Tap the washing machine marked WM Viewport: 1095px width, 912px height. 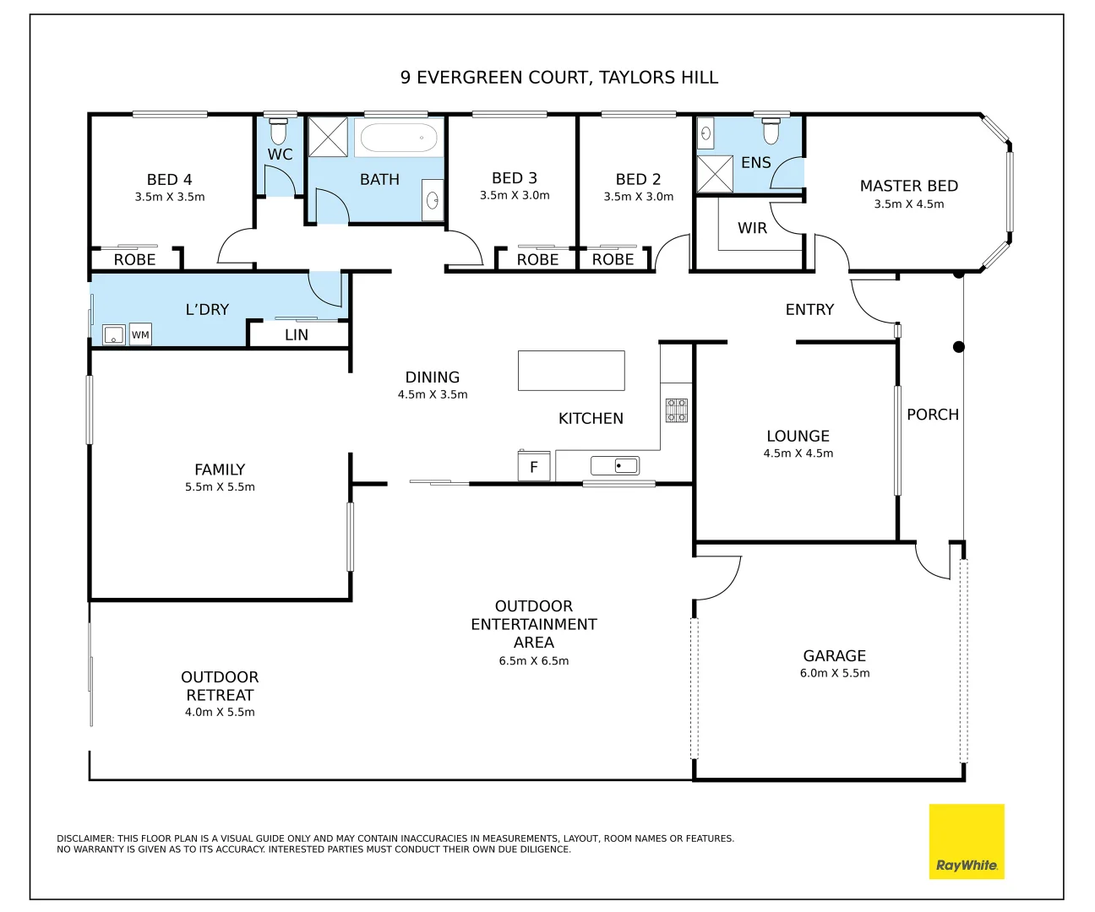coord(140,334)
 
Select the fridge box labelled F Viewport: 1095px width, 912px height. coord(533,466)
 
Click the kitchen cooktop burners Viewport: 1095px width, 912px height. coord(676,410)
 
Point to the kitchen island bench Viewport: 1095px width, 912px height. coord(571,371)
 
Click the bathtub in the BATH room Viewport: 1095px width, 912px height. coord(399,138)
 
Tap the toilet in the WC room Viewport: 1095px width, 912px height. coord(278,131)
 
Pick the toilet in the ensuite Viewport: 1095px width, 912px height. coord(771,131)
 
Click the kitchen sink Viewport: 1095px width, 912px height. coord(614,465)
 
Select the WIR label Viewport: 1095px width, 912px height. coord(752,228)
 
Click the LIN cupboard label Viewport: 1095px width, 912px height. coord(297,335)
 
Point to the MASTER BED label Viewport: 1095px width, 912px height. coord(909,186)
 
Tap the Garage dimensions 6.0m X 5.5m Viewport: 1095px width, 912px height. coord(835,673)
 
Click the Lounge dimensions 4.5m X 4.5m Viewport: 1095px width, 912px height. coord(798,453)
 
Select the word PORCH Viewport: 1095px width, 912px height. coord(933,415)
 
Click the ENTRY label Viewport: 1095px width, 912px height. coord(809,310)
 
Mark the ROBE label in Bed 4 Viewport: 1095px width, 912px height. coord(135,259)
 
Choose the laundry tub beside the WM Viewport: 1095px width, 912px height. coord(113,334)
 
